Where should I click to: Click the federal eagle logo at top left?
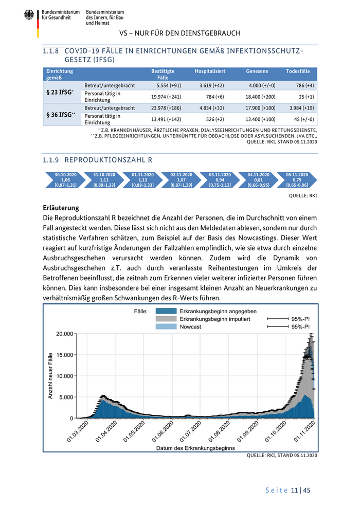click(29, 15)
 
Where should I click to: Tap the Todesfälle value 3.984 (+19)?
click(302, 108)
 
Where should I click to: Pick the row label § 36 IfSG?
click(59, 114)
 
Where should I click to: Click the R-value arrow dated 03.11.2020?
click(220, 180)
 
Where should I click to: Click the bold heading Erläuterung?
click(61, 208)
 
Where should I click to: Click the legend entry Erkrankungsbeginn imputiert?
click(214, 319)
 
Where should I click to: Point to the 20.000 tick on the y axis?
click(64, 334)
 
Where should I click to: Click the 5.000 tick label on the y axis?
click(66, 397)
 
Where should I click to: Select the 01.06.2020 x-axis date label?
click(163, 431)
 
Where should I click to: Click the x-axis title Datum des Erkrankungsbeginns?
click(195, 448)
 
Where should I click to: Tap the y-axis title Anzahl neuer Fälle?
click(50, 375)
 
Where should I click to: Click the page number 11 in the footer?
click(294, 490)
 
